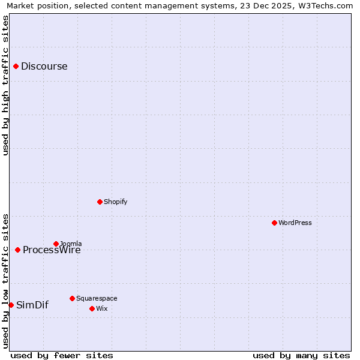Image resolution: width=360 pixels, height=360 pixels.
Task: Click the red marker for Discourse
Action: coord(16,66)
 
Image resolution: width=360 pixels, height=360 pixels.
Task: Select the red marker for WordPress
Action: coord(274,223)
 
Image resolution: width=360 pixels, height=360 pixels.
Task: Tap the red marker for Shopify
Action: coord(100,202)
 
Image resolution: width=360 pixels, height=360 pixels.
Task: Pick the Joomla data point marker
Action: coord(56,244)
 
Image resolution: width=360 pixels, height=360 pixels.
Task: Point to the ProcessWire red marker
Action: coord(17,250)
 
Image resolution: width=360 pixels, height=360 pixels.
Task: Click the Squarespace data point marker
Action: coord(72,298)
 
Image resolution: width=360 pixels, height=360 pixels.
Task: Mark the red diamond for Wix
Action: coord(92,308)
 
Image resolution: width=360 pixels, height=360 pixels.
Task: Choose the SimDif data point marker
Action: coord(11,305)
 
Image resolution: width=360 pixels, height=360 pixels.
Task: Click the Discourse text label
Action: coord(44,66)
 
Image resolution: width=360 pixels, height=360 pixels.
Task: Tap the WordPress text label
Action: coord(295,223)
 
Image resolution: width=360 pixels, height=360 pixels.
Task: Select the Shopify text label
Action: coord(116,202)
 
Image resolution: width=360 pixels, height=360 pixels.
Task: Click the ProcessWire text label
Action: coord(52,250)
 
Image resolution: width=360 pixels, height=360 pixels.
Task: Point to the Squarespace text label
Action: coord(97,298)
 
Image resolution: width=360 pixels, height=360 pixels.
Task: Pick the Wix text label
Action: coord(102,308)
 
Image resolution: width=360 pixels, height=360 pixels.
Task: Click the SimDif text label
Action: coord(32,305)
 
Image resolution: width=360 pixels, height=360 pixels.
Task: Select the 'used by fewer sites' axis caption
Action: coord(62,355)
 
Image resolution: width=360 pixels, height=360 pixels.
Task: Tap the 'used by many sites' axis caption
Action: coord(301,355)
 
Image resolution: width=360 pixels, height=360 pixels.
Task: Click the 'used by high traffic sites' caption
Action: coord(5,85)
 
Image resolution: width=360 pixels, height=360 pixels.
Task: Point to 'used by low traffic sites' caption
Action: coord(5,280)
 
